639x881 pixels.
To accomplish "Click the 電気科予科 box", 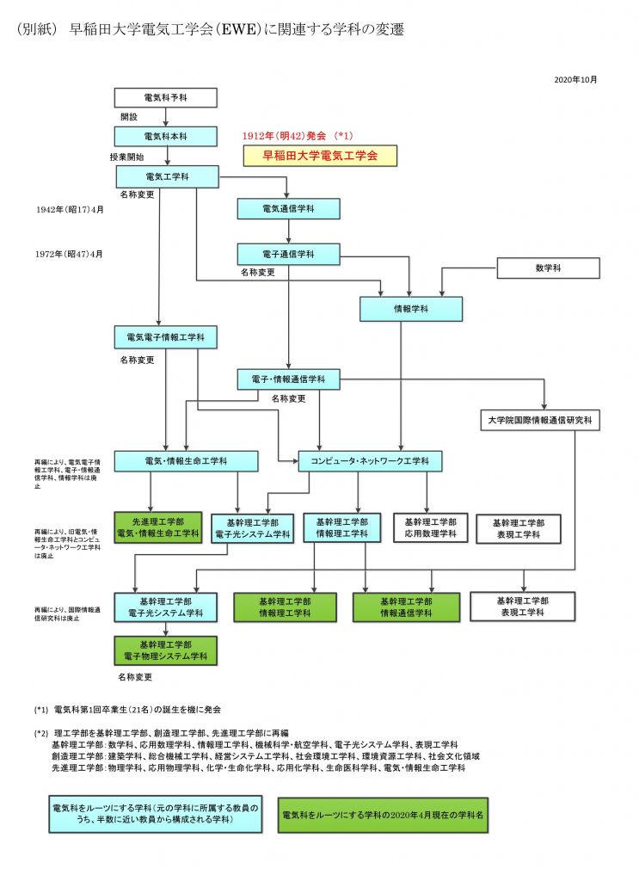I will click(x=165, y=97).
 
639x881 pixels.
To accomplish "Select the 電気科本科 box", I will click(x=165, y=136).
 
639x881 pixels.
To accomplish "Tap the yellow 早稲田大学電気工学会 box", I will click(x=320, y=155).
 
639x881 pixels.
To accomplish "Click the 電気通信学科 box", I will click(x=288, y=209).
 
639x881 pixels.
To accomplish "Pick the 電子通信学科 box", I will click(x=288, y=254).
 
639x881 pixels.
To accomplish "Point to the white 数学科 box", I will click(x=548, y=268).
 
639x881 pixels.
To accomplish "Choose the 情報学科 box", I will click(x=411, y=308).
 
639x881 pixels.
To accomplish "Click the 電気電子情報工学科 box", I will click(x=165, y=336).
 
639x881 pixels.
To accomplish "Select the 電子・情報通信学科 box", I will click(x=288, y=379).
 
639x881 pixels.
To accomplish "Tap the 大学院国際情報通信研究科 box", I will click(x=538, y=421).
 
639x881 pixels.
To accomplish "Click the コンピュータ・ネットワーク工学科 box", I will click(x=370, y=461).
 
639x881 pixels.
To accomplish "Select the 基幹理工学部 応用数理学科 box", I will click(x=430, y=527).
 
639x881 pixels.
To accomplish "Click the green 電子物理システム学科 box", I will click(x=165, y=650).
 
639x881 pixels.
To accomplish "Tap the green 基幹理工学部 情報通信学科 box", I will click(x=407, y=607).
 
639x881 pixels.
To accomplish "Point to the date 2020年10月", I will click(x=575, y=79).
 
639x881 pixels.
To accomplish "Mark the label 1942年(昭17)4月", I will click(x=70, y=209).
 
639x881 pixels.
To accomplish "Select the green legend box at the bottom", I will click(x=382, y=814).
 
